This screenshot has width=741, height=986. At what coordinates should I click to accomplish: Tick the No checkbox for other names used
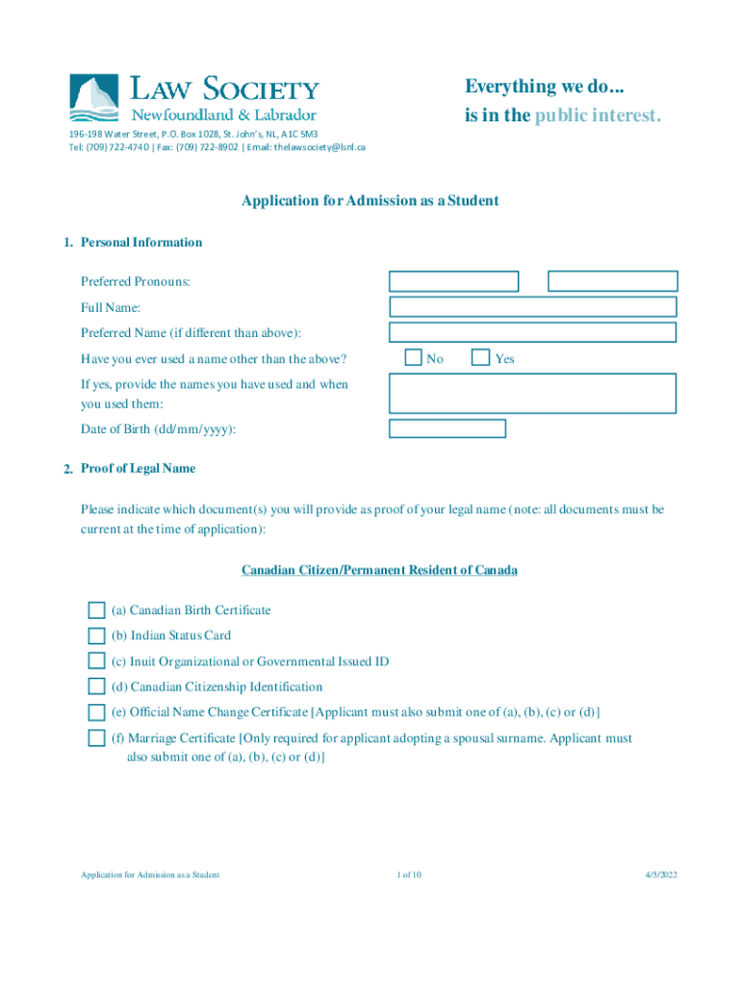[x=414, y=358]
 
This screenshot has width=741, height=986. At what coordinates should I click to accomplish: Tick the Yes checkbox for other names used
[x=481, y=358]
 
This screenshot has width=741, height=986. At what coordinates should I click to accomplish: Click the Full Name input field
[x=532, y=307]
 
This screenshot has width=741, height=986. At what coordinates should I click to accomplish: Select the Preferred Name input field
[x=532, y=333]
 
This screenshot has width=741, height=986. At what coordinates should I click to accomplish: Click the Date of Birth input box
[x=447, y=428]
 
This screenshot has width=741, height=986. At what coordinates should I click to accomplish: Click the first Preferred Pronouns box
[x=453, y=281]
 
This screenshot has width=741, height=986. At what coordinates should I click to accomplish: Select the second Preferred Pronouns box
[x=612, y=281]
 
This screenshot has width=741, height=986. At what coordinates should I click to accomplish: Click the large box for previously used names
[x=532, y=393]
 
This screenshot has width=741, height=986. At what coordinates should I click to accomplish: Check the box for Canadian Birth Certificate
[x=96, y=610]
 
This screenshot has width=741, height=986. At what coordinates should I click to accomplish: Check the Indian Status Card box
[x=96, y=636]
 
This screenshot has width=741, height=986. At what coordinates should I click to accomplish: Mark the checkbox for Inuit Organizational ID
[x=96, y=662]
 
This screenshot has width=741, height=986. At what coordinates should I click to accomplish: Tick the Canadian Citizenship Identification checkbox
[x=96, y=687]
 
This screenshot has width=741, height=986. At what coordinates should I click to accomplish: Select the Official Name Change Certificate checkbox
[x=96, y=713]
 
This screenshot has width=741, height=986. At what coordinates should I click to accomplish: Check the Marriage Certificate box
[x=96, y=739]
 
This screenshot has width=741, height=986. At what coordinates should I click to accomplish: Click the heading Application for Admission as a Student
[x=370, y=201]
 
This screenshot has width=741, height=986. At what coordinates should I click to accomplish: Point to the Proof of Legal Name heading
[x=138, y=469]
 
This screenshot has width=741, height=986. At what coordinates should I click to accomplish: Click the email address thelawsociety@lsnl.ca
[x=319, y=147]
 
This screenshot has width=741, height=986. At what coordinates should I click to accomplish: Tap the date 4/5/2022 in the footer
[x=661, y=874]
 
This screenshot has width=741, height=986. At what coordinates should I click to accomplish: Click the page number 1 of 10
[x=409, y=874]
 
